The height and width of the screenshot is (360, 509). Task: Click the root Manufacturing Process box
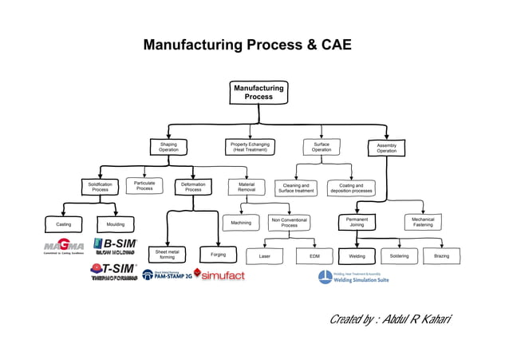[258, 92]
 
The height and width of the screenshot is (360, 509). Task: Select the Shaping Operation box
[168, 147]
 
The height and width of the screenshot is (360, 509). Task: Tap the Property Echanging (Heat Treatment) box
[250, 147]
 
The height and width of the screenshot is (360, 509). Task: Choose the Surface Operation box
[321, 147]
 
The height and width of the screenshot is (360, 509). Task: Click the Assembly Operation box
[386, 148]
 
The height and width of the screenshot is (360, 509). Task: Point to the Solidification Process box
[100, 187]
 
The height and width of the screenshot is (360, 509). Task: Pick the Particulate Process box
[144, 186]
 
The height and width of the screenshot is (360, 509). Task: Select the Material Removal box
[246, 187]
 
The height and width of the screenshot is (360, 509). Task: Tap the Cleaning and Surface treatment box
[296, 188]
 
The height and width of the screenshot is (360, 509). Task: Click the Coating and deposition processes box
[351, 188]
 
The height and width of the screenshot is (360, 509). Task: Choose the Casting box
[63, 225]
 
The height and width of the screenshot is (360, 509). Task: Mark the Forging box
[218, 255]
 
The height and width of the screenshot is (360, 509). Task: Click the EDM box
[314, 256]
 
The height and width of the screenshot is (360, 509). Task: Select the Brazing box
[441, 256]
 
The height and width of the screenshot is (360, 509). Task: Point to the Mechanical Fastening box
[423, 222]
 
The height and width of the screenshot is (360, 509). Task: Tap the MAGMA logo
[64, 246]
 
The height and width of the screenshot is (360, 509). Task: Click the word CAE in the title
[333, 45]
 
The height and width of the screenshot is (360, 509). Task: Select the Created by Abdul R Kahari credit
[390, 320]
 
